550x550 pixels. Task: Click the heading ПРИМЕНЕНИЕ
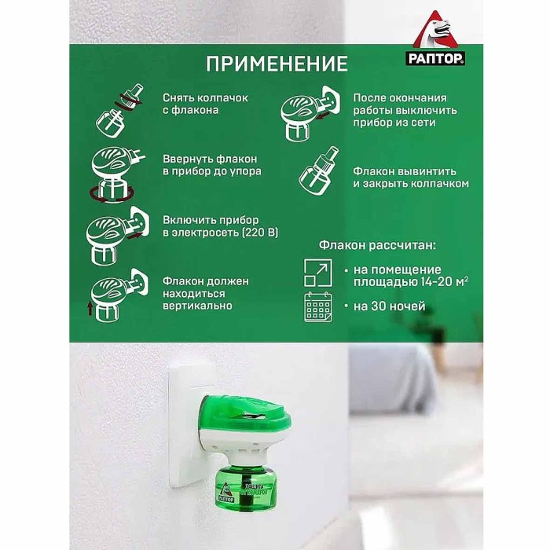click(276, 63)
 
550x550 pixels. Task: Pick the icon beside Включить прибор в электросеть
click(115, 233)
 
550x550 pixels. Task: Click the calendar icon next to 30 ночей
click(317, 307)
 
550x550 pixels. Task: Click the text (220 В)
click(256, 234)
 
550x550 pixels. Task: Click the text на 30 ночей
click(390, 306)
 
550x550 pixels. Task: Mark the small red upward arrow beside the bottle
click(90, 308)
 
